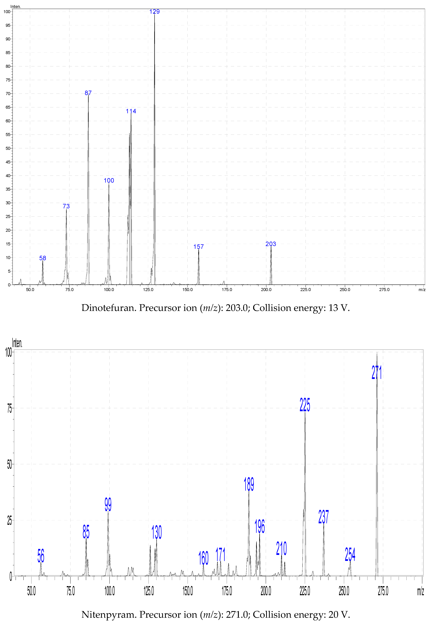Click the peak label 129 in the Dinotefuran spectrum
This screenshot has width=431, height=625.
click(154, 12)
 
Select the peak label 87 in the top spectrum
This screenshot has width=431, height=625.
click(88, 93)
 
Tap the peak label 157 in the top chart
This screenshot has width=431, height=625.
click(199, 247)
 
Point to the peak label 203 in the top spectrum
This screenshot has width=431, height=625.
click(271, 244)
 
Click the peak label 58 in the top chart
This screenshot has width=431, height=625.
click(43, 258)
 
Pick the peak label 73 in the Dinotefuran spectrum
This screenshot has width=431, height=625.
click(66, 206)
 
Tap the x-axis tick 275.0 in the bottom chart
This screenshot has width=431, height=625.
click(383, 591)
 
